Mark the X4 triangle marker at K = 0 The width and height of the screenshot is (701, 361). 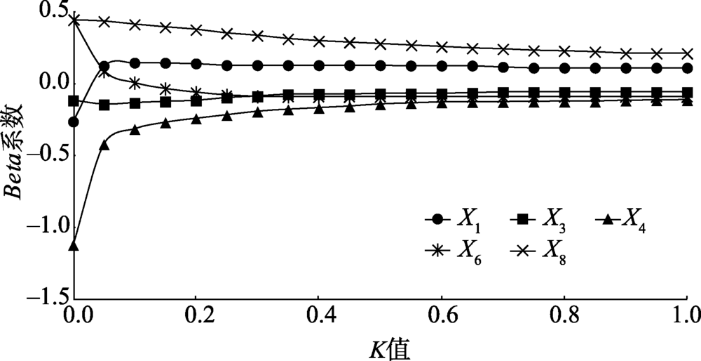tap(73, 246)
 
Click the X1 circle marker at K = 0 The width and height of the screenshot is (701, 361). tap(73, 122)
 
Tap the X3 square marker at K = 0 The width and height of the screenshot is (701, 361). tap(73, 100)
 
